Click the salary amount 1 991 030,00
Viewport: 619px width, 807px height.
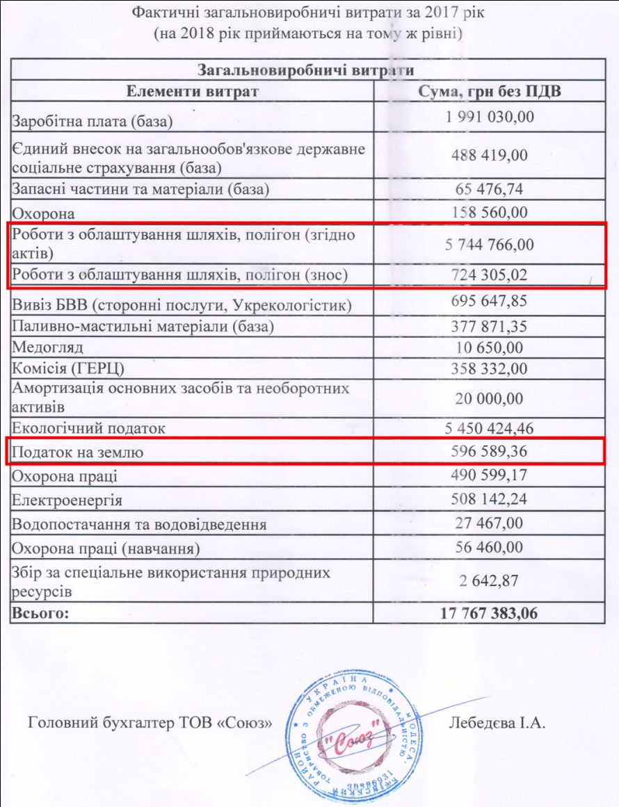click(490, 116)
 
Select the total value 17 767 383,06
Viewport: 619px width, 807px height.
click(490, 614)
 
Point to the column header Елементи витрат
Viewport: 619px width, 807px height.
click(192, 92)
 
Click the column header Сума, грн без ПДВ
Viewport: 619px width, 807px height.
click(490, 92)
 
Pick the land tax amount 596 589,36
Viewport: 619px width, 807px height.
click(490, 452)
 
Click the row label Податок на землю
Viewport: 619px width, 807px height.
click(78, 453)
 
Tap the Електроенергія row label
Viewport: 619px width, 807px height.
click(67, 500)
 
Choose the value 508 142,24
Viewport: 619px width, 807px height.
click(490, 500)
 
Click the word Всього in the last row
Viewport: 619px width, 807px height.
click(40, 614)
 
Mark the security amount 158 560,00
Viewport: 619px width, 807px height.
click(490, 212)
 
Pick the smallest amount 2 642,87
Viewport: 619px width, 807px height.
click(490, 582)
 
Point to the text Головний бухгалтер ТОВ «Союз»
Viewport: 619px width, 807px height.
click(148, 723)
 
